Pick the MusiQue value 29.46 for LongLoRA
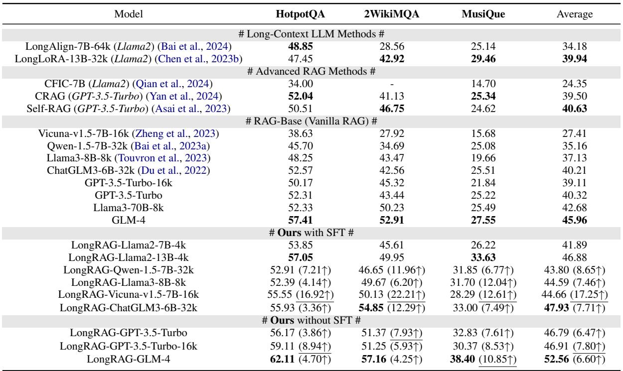[480, 57]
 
